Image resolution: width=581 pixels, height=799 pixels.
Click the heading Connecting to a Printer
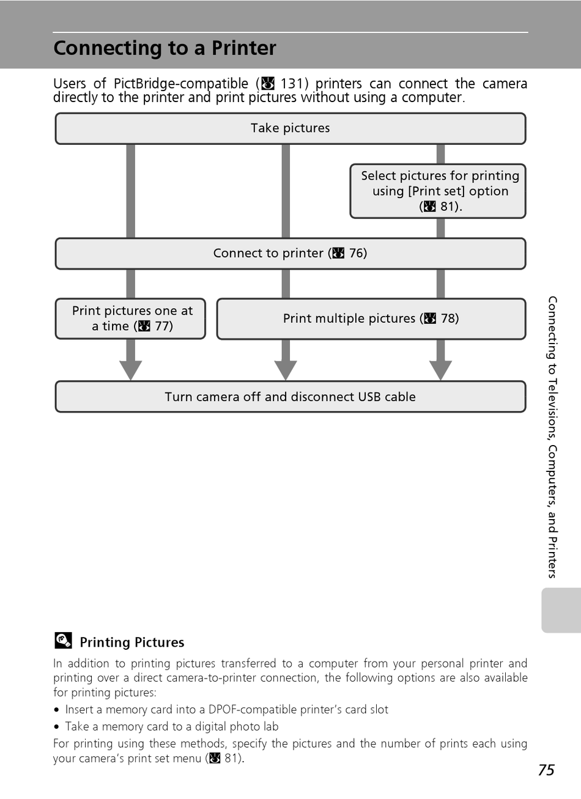165,48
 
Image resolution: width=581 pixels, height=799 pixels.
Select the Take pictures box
290,128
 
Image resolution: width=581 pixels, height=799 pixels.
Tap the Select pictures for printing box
438,191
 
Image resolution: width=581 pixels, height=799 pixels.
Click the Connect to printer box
290,253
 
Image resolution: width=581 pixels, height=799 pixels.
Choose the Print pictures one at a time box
131,318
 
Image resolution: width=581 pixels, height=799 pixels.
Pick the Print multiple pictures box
371,318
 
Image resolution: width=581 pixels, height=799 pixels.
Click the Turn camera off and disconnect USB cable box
290,397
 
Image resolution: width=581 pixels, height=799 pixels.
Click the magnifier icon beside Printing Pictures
63,640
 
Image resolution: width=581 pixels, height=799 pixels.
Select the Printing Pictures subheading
132,642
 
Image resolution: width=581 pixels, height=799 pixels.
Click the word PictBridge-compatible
181,84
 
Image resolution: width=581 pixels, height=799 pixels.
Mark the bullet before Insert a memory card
56,710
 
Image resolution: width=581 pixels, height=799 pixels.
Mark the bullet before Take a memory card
56,727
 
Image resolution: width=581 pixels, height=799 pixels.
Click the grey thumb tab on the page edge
561,610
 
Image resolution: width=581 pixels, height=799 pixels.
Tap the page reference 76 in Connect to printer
356,253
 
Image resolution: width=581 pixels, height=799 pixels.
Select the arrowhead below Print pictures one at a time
131,370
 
